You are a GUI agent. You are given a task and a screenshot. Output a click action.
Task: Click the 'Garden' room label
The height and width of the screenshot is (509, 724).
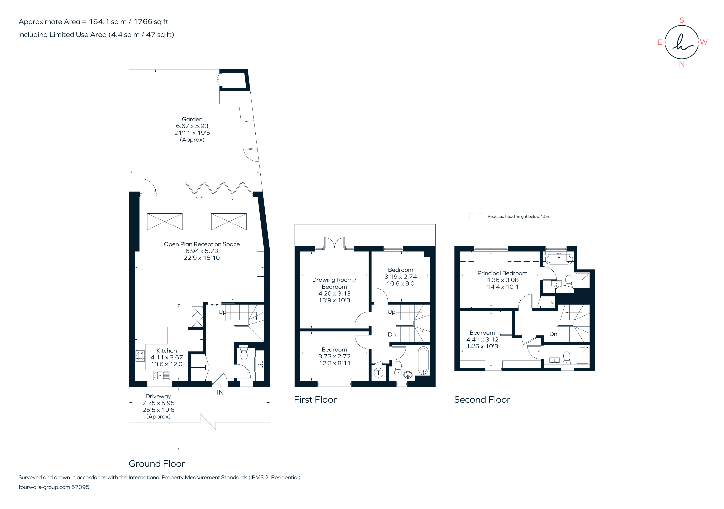192,119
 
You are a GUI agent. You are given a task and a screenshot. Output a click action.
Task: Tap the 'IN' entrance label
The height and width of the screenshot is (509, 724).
220,392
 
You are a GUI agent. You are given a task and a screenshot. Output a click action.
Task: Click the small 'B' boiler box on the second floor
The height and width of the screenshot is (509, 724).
552,302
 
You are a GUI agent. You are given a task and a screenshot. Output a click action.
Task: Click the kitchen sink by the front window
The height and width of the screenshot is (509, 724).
161,375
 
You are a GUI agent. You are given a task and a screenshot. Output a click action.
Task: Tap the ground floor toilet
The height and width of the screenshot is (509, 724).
244,353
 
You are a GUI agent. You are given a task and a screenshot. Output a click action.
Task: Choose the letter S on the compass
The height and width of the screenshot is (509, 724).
682,20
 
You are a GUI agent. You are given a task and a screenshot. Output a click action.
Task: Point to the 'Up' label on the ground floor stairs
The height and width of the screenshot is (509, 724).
222,312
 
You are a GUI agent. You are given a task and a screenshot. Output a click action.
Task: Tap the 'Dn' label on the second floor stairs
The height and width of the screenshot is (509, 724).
553,334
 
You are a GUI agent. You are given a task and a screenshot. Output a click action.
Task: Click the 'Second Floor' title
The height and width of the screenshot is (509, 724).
482,400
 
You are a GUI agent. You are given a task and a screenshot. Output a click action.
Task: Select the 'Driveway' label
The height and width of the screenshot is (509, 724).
158,396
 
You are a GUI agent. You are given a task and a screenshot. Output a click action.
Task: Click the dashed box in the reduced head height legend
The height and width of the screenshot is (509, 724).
476,217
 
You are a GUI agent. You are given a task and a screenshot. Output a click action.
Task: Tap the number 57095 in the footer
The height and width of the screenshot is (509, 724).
80,487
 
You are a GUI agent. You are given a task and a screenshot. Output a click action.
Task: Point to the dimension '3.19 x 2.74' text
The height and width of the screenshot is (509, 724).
401,277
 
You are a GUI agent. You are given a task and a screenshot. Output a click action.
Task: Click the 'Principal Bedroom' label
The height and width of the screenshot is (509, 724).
502,273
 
